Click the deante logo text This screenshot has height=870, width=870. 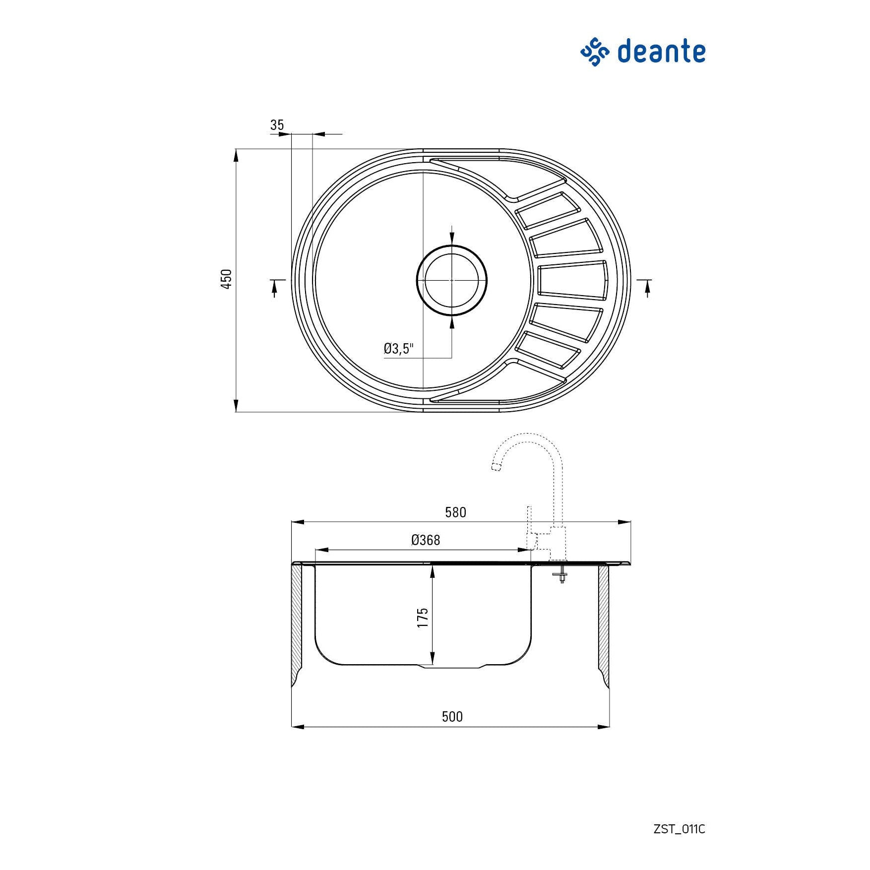pyautogui.click(x=661, y=52)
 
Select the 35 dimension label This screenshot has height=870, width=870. pyautogui.click(x=277, y=125)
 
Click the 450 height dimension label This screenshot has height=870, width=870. pyautogui.click(x=226, y=279)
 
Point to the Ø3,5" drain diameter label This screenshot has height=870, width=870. pyautogui.click(x=398, y=349)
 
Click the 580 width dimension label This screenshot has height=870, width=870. pyautogui.click(x=455, y=512)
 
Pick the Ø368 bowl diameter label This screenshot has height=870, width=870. pyautogui.click(x=426, y=540)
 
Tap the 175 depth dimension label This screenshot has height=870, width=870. pyautogui.click(x=423, y=618)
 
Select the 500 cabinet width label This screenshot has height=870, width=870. pyautogui.click(x=452, y=717)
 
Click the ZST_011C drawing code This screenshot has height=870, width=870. pyautogui.click(x=679, y=829)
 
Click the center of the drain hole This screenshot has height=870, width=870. pyautogui.click(x=451, y=280)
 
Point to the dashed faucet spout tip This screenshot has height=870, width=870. pyautogui.click(x=495, y=466)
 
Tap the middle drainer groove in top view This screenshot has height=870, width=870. pyautogui.click(x=573, y=280)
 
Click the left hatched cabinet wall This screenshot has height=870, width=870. pyautogui.click(x=297, y=625)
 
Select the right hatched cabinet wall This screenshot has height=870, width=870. pyautogui.click(x=604, y=625)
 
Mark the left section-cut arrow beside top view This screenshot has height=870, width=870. pyautogui.click(x=274, y=288)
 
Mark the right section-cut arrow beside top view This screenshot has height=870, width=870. pyautogui.click(x=647, y=288)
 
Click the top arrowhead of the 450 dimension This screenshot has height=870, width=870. pyautogui.click(x=236, y=155)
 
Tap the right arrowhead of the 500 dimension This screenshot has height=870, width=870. pyautogui.click(x=604, y=727)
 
